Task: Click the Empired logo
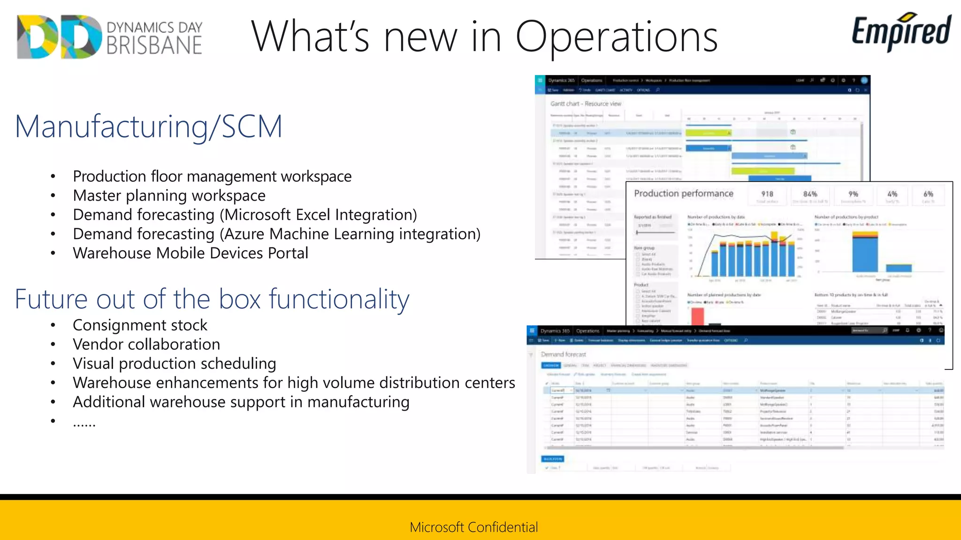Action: click(901, 32)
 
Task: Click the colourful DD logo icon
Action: click(58, 37)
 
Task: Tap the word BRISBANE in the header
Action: click(154, 45)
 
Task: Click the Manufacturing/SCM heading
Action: click(148, 127)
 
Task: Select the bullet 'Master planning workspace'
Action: click(169, 195)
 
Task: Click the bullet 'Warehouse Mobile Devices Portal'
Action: click(191, 253)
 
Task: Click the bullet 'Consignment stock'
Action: click(140, 325)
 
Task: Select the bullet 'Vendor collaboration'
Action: click(146, 345)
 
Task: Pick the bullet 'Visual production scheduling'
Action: click(175, 364)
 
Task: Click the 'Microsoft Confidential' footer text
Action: click(474, 527)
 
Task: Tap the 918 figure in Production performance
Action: click(767, 194)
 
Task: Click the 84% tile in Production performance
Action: click(810, 194)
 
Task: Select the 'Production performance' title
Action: click(683, 194)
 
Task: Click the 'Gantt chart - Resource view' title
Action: click(586, 104)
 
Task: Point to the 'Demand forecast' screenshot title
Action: click(563, 354)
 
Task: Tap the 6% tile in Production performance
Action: click(928, 194)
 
